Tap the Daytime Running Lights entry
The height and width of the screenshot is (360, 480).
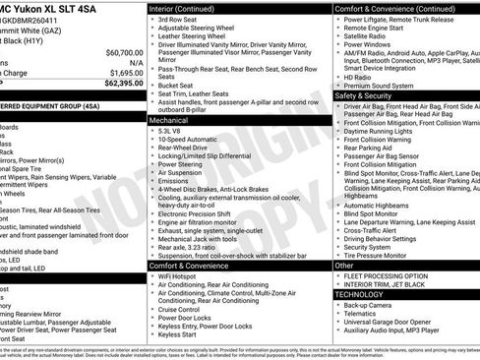tap(384, 131)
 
